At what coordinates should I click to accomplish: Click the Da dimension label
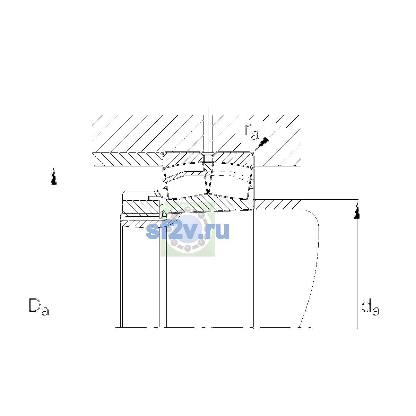(x=39, y=306)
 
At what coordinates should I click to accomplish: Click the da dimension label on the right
(x=371, y=307)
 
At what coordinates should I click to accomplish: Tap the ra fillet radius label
(x=252, y=132)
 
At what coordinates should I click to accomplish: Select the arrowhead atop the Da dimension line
(x=54, y=176)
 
